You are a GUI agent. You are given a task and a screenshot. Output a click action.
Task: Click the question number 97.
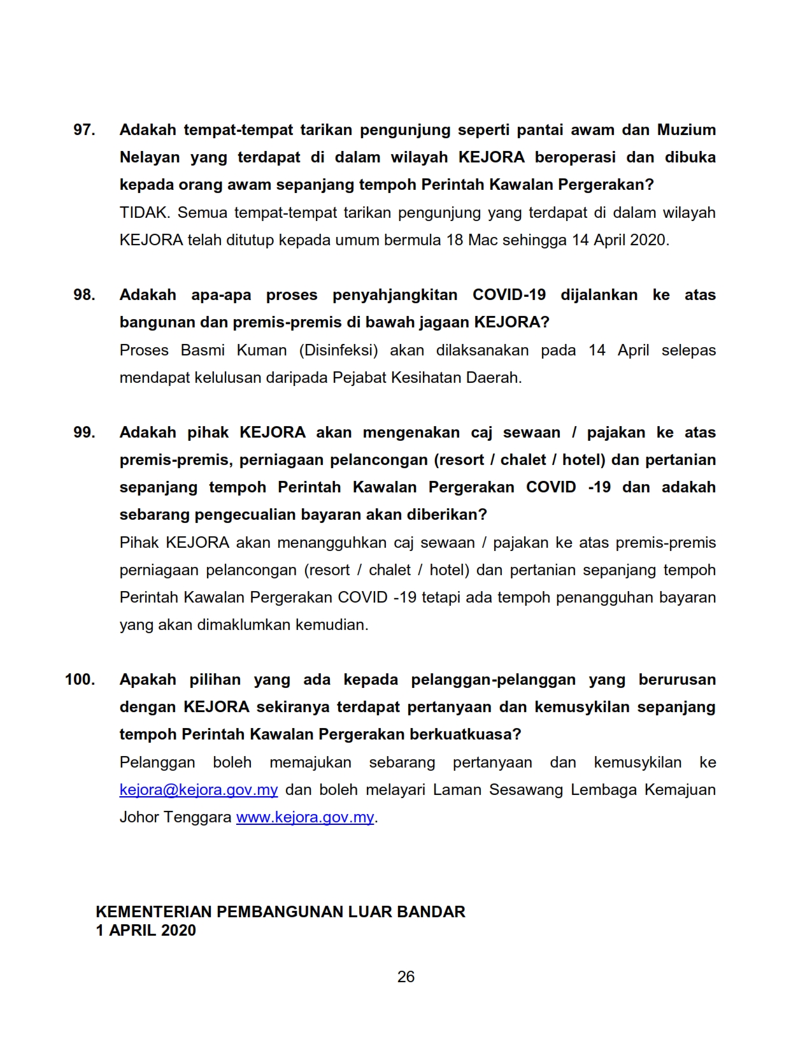pyautogui.click(x=84, y=130)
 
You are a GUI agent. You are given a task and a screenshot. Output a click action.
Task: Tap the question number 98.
pyautogui.click(x=84, y=295)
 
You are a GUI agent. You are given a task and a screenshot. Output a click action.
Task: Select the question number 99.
pyautogui.click(x=84, y=433)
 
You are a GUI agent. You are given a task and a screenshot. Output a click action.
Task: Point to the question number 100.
pyautogui.click(x=80, y=680)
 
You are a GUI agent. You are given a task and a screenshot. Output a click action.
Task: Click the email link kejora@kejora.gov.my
pyautogui.click(x=199, y=790)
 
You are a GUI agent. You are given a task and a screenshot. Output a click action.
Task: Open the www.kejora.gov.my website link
pyautogui.click(x=305, y=817)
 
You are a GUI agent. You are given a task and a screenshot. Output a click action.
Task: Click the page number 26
pyautogui.click(x=406, y=977)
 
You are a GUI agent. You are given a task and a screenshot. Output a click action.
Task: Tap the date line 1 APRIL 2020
pyautogui.click(x=146, y=931)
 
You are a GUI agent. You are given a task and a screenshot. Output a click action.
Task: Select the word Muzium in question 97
pyautogui.click(x=686, y=130)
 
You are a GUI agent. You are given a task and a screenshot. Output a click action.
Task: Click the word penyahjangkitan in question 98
pyautogui.click(x=395, y=295)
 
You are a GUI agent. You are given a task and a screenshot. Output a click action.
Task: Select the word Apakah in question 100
pyautogui.click(x=148, y=680)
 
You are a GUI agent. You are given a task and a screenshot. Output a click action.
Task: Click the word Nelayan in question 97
pyautogui.click(x=149, y=157)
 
